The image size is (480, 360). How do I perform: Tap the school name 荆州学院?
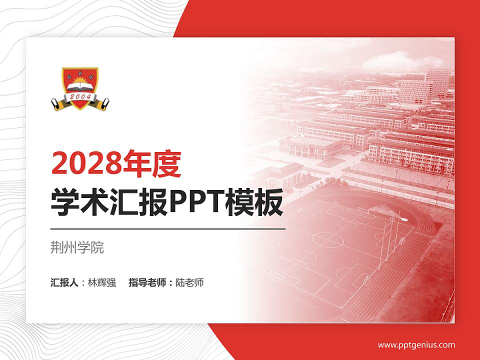point(77,247)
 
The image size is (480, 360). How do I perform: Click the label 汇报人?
point(64,282)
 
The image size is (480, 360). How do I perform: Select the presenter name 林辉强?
point(101,282)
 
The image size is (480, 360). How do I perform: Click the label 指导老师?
point(147,282)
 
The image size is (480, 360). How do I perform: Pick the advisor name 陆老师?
point(189,282)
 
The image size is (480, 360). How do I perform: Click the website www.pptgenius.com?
point(416,344)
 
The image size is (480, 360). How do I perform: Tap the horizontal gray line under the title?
point(168,229)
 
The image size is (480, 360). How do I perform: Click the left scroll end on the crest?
point(57,103)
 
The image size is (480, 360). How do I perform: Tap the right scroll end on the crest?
point(103,103)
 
